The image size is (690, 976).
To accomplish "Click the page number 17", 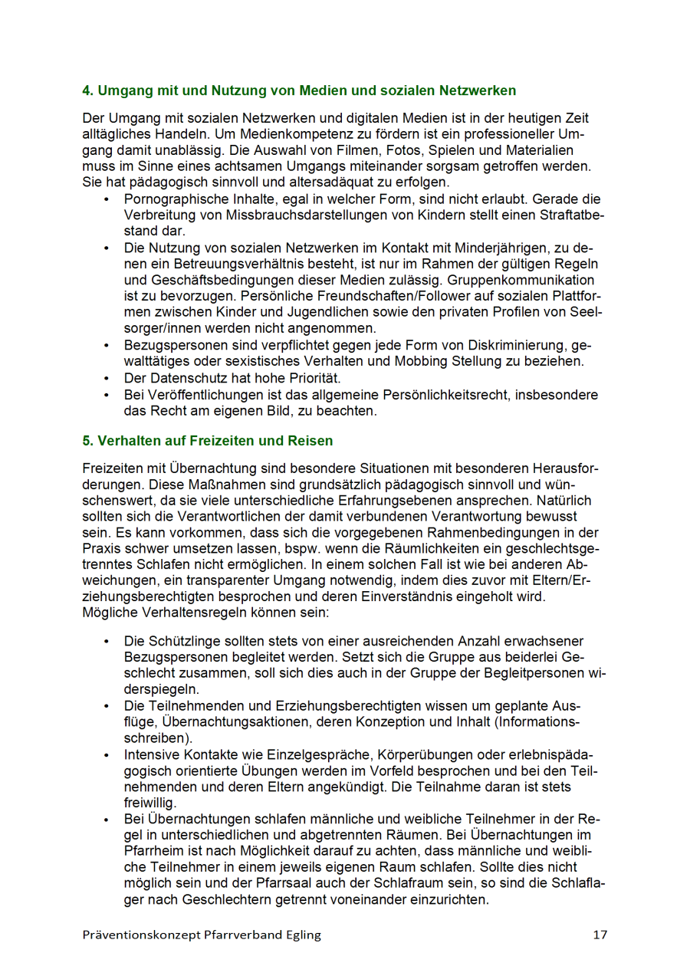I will point(600,935).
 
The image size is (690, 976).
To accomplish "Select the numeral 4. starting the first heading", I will point(88,90).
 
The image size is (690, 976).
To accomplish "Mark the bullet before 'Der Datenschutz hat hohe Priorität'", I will point(106,378).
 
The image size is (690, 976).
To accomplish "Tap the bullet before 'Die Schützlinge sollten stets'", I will point(106,641).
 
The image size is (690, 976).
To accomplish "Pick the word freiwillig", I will point(149,803).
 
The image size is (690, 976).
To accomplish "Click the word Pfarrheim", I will point(156,852).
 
